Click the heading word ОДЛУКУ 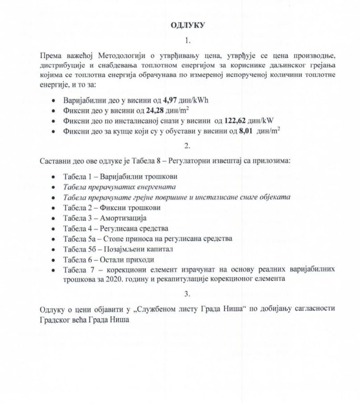[x=187, y=25]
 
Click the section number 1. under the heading [x=187, y=41]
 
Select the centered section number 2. [x=187, y=145]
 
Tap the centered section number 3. [x=187, y=293]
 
